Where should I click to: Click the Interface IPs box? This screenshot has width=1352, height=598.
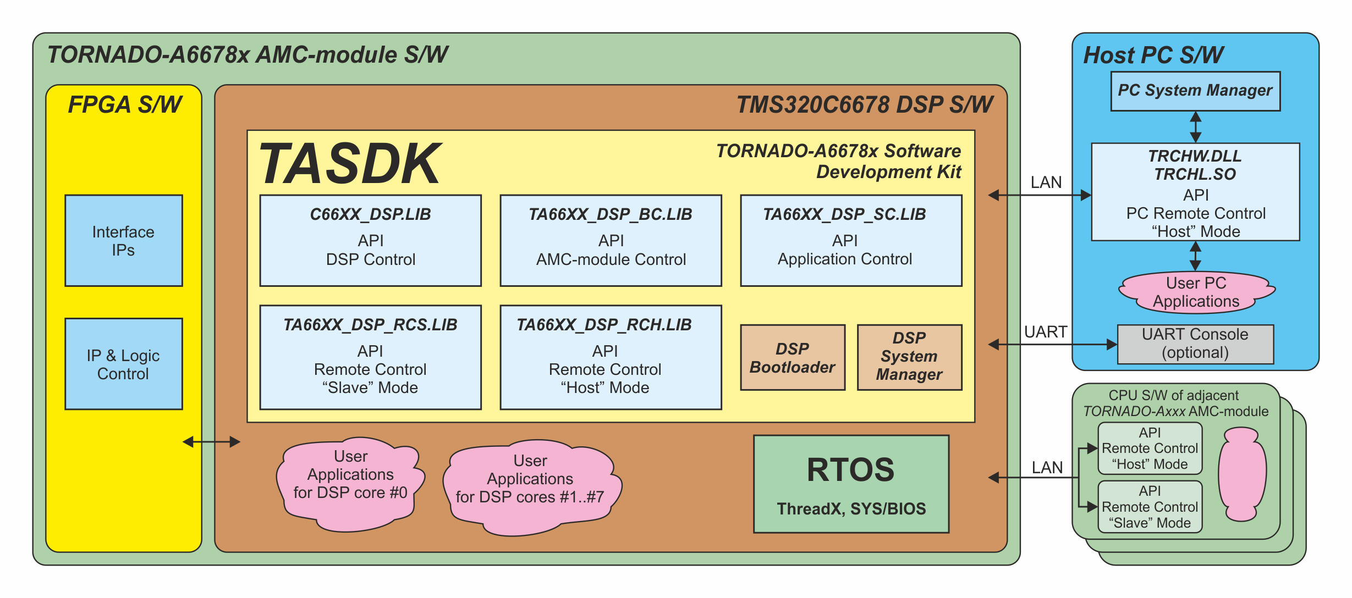pos(123,240)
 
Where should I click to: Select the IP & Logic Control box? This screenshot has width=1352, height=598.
pos(123,364)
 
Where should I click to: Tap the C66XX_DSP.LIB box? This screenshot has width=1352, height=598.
pos(370,240)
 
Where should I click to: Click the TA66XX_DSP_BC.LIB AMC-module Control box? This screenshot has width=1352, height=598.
pos(611,240)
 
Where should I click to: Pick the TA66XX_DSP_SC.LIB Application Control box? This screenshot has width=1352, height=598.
pos(851,240)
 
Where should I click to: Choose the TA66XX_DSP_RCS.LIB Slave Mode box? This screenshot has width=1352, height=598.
pos(370,357)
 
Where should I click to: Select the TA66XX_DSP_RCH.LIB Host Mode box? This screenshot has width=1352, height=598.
pos(611,357)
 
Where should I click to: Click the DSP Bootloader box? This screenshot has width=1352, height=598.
pos(793,358)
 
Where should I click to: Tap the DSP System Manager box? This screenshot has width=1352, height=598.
pos(909,358)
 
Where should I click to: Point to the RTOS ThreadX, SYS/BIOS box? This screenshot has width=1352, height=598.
pos(851,484)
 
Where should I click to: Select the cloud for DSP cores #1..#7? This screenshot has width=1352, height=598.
pos(531,487)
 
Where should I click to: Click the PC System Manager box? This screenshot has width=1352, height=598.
pos(1195,91)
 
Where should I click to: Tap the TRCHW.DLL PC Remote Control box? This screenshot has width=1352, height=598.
pos(1195,192)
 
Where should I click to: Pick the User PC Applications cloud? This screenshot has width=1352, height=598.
pos(1196,292)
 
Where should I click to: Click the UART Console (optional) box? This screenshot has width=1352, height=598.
pos(1195,344)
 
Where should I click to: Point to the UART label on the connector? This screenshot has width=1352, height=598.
pos(1045,332)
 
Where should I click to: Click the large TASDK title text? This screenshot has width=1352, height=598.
pos(350,163)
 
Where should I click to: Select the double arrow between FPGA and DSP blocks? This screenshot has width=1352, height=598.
pos(211,441)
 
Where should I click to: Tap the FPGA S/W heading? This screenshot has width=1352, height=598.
pos(125,104)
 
